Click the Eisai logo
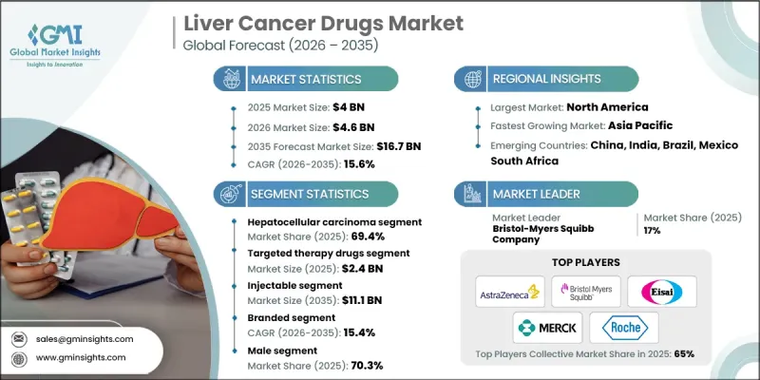tap(669, 291)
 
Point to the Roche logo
tap(622, 328)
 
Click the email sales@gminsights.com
tap(85, 338)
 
